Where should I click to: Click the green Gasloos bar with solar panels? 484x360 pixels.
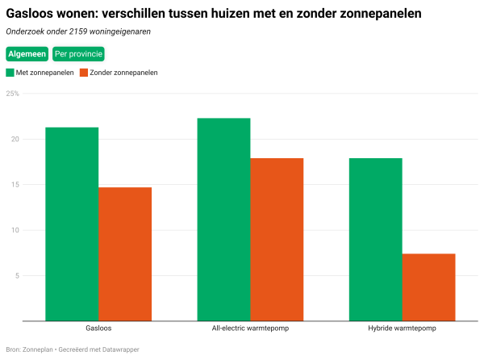[72, 224]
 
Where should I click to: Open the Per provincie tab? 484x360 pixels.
[78, 54]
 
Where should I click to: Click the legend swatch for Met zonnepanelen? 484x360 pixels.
[10, 73]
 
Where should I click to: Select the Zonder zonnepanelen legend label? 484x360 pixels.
[123, 73]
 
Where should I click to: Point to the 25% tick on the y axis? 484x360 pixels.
[12, 94]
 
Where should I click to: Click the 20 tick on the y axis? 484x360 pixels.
[14, 139]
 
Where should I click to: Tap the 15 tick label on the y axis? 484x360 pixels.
[14, 185]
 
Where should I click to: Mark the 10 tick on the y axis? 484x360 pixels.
[14, 230]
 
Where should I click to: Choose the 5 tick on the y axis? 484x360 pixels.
[15, 275]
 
